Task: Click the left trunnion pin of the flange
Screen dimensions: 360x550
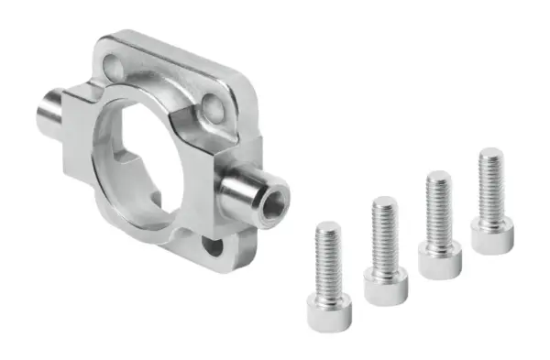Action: [55, 110]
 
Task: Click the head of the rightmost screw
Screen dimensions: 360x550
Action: [491, 235]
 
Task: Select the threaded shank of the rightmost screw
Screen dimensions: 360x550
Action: [490, 184]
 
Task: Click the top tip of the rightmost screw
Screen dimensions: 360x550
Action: [490, 151]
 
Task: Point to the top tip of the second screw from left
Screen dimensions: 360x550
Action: [384, 200]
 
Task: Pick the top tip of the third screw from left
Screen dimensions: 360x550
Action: [438, 175]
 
